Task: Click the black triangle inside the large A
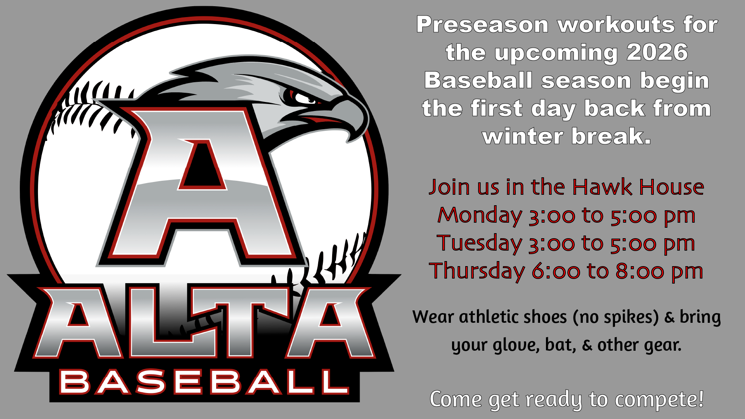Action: (202, 165)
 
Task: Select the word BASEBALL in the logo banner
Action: (204, 382)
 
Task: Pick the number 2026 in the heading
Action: (657, 52)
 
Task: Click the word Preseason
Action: (482, 25)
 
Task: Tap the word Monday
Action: (480, 216)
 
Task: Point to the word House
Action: (672, 187)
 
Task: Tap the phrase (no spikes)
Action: (615, 317)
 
